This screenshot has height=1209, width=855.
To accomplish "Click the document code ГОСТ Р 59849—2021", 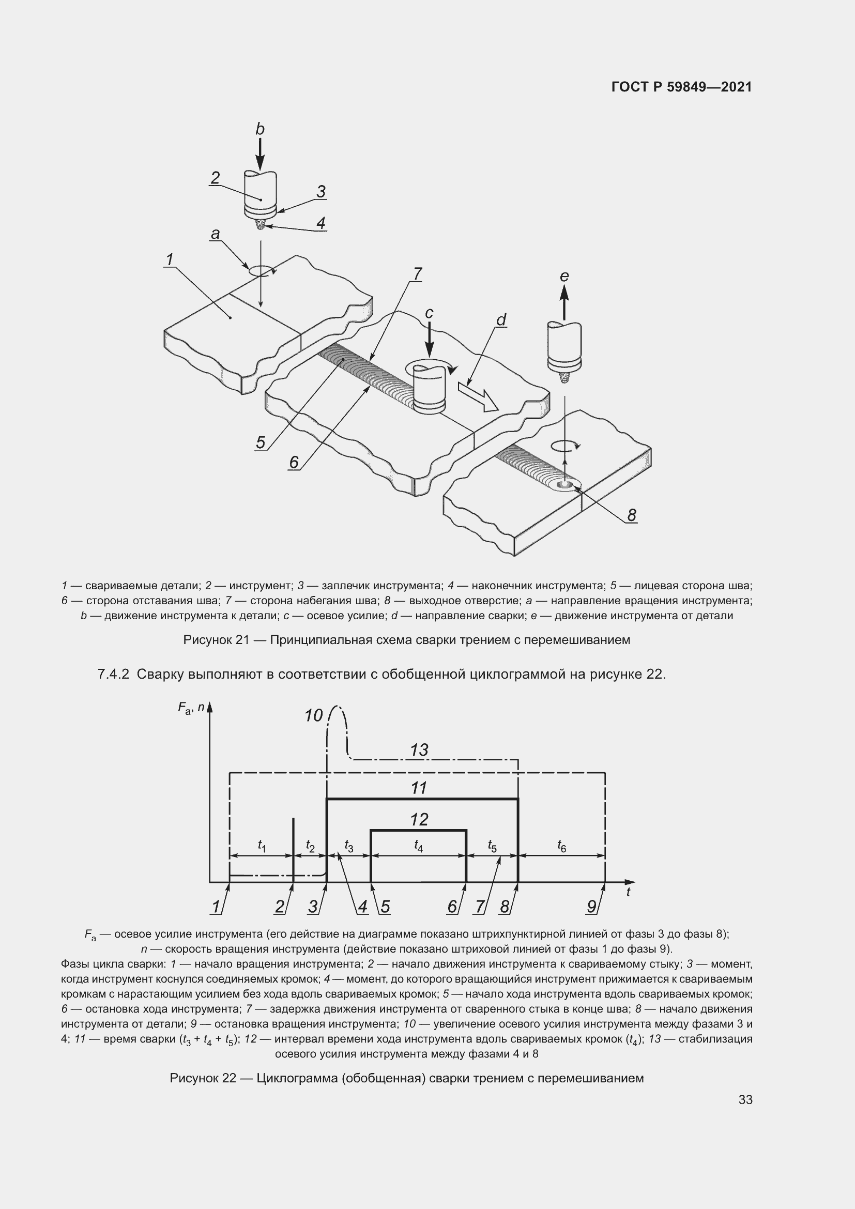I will point(681,87).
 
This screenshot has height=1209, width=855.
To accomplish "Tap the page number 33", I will point(745,1099).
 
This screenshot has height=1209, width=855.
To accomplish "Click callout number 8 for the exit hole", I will point(632,515).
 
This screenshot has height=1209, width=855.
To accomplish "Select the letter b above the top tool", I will point(259,129).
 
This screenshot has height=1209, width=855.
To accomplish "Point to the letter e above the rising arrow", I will point(564,276).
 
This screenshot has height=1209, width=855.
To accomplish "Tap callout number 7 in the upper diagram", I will point(418,274).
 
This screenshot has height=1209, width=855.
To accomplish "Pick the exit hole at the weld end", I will point(566,484).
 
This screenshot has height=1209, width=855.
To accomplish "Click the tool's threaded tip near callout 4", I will point(260,225).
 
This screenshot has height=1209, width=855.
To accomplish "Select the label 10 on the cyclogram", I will point(313,715).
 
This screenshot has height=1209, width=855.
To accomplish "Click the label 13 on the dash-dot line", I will point(419,750).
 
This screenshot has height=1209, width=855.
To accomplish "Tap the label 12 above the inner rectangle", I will point(419,819).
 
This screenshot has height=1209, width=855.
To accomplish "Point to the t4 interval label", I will point(419,846).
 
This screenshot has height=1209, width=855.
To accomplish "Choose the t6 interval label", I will point(562,846).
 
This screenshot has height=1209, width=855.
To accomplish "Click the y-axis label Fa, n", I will point(191,709).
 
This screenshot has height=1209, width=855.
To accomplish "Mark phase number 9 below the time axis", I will point(591,906).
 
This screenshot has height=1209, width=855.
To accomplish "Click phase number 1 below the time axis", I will point(216,906).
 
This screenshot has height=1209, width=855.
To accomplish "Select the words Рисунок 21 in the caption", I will point(216,640).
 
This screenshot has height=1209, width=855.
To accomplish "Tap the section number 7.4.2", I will point(113,674).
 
